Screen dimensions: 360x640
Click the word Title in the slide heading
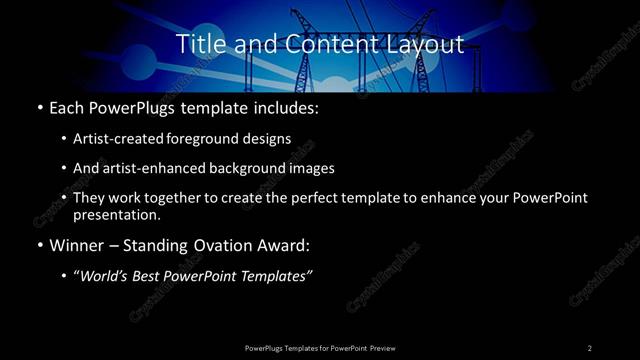click(199, 45)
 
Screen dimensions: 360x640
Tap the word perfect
click(335, 198)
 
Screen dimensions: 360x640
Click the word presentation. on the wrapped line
click(116, 214)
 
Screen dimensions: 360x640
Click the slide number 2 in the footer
click(590, 347)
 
